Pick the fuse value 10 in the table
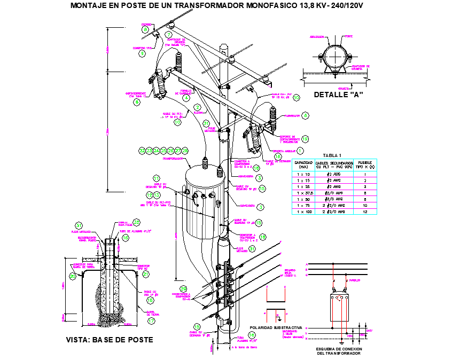[365, 205]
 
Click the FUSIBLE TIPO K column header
[365, 165]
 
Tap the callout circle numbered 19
[305, 138]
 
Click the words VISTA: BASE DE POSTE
[110, 340]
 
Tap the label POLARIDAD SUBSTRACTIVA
[276, 327]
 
